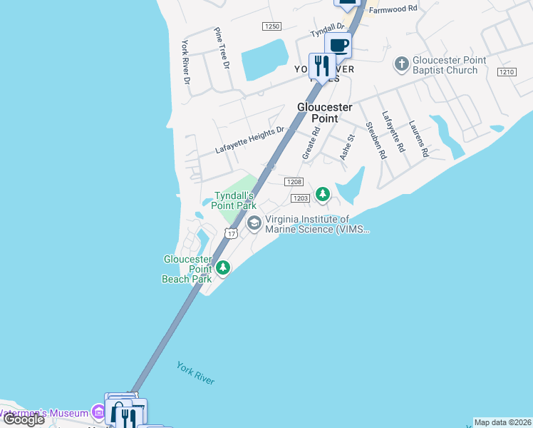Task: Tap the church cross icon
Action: tap(402, 65)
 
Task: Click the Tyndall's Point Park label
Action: tap(235, 200)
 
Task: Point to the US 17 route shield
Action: tap(230, 233)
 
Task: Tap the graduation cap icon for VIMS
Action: tap(254, 224)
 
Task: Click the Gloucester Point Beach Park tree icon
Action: tap(224, 268)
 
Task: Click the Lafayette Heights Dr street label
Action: tap(250, 141)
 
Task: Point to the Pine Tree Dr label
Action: tap(222, 48)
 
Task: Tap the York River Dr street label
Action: tap(186, 61)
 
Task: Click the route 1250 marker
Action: tap(271, 26)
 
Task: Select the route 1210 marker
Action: tap(507, 72)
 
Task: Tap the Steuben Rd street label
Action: tap(376, 140)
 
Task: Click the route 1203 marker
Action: tap(299, 197)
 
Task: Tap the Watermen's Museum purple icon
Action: tap(98, 412)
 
